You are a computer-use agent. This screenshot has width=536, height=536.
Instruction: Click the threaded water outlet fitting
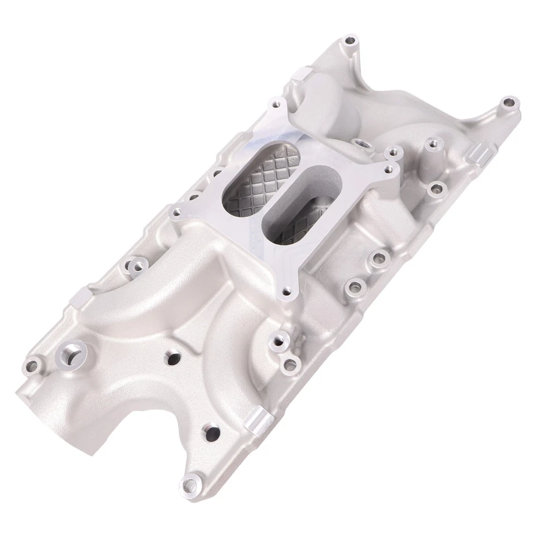pyautogui.click(x=71, y=354)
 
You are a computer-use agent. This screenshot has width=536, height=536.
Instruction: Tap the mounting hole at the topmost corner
pyautogui.click(x=350, y=40)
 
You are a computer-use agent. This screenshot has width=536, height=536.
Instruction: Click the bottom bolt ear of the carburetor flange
pyautogui.click(x=288, y=291)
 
